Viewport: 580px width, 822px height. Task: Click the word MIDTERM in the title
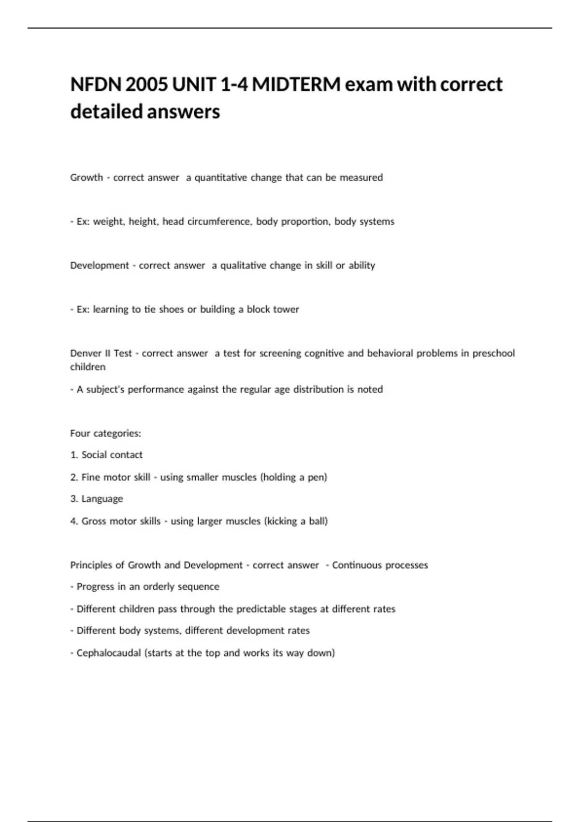[296, 85]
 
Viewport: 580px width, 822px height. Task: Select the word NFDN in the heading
[95, 85]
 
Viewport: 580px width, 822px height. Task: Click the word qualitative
[243, 265]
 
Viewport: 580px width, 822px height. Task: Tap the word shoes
[171, 309]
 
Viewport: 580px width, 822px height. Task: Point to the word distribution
[318, 389]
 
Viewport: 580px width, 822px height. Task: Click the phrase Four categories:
[105, 433]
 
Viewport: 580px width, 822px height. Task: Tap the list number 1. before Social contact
[74, 455]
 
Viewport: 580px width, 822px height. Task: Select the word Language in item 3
[102, 499]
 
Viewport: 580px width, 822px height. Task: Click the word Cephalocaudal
[108, 653]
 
